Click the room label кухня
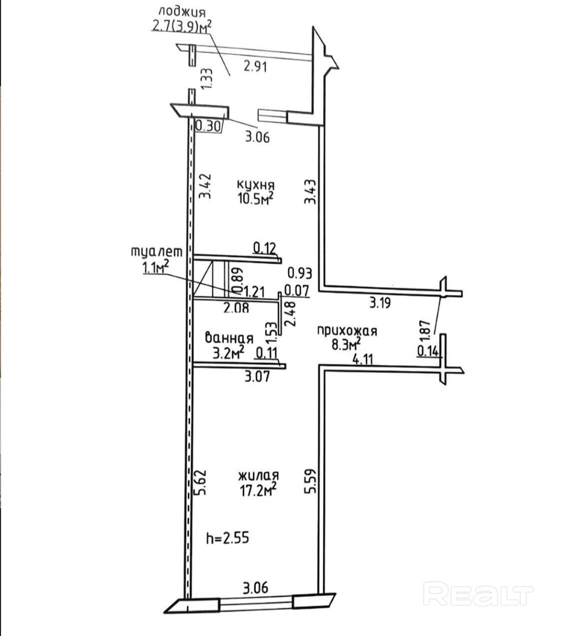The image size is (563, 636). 255,185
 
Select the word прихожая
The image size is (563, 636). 347,330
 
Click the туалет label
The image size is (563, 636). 156,252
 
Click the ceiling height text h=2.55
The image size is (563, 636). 227,537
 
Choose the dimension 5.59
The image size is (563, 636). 310,482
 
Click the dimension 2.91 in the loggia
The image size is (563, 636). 255,66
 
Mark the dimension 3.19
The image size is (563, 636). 380,303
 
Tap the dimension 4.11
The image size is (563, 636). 363,359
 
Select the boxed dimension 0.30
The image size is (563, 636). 209,126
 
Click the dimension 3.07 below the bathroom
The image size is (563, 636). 258,376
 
